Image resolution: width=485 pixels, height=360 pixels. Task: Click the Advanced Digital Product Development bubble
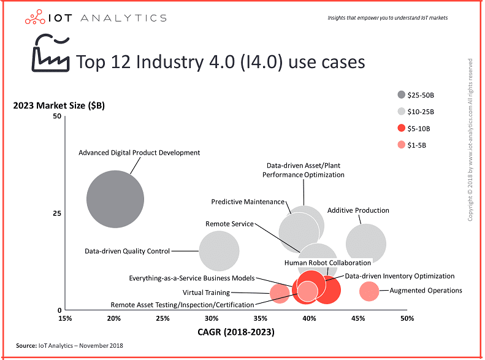pos(115,199)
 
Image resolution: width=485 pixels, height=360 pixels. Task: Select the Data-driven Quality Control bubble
pos(219,251)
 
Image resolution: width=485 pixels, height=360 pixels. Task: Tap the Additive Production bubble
pos(366,244)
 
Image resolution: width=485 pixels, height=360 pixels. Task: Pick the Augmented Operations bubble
pos(369,291)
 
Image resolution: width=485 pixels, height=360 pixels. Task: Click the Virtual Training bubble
pos(280,293)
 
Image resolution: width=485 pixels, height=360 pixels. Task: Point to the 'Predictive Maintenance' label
pos(248,202)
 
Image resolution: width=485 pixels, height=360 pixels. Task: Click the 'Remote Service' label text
pos(229,224)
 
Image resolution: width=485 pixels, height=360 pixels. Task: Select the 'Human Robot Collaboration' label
pos(327,262)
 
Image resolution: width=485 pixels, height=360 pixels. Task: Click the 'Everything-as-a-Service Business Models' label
pos(192,278)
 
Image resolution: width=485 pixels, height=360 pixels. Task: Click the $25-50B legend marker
pos(402,94)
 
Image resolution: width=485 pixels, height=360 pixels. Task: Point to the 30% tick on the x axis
pos(212,318)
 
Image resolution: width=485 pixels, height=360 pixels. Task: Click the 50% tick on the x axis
pos(407,318)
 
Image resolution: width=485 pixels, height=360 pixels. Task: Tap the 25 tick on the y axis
pos(58,213)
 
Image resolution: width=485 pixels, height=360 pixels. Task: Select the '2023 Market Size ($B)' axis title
pos(59,105)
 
